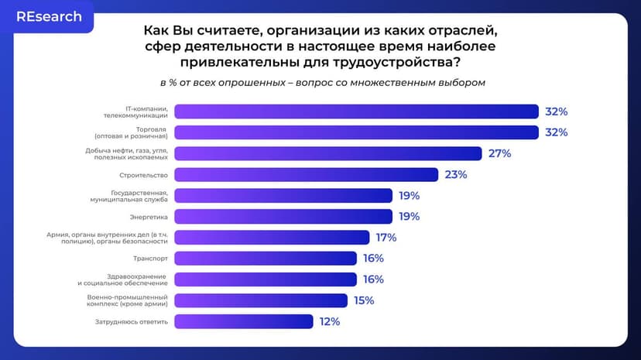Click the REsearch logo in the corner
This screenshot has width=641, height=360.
pos(49,17)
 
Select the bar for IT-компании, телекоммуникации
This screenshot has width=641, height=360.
pos(356,111)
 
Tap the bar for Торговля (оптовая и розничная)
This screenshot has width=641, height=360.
pos(356,132)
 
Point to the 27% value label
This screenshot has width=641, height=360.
pos(499,153)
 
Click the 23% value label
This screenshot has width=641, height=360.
pos(456,174)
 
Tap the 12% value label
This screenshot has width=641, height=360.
pos(329,321)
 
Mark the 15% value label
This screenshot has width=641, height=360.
pos(363,300)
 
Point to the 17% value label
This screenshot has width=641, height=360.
pos(386,237)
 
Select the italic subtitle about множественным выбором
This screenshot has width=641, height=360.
pos(322,83)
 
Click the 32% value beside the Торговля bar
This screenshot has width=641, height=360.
pos(556,132)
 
